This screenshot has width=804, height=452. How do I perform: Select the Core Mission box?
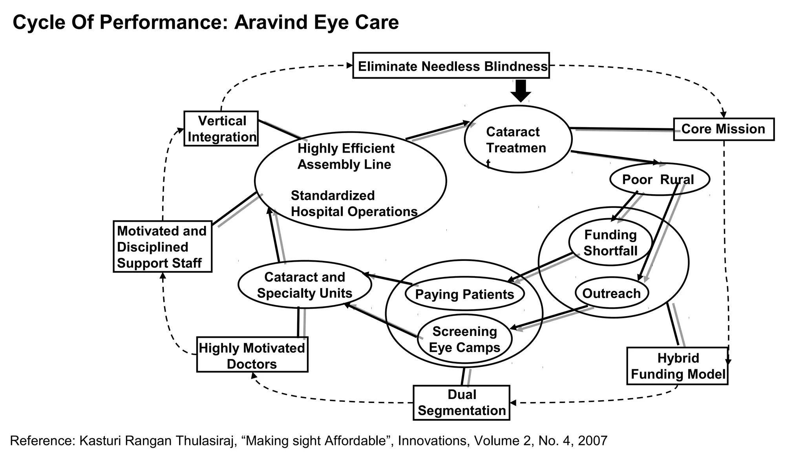[724, 129]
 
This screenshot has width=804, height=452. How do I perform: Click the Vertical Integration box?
[221, 129]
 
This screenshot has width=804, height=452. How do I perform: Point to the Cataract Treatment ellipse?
[518, 139]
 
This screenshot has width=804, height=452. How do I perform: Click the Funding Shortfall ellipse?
[610, 242]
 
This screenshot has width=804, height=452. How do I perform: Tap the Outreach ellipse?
[611, 293]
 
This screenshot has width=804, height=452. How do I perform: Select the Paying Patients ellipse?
[464, 294]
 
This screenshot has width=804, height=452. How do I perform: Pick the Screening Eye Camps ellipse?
[464, 339]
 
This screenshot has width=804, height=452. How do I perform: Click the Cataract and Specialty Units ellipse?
[305, 285]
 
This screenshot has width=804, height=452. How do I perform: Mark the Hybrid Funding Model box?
[677, 366]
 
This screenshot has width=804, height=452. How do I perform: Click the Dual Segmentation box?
[461, 403]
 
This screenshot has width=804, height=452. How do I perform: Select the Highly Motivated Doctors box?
[252, 355]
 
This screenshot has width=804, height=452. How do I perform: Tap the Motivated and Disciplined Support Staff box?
[162, 247]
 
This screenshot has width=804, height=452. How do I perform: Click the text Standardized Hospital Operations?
[353, 204]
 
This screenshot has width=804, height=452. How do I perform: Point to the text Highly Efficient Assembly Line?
[345, 156]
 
